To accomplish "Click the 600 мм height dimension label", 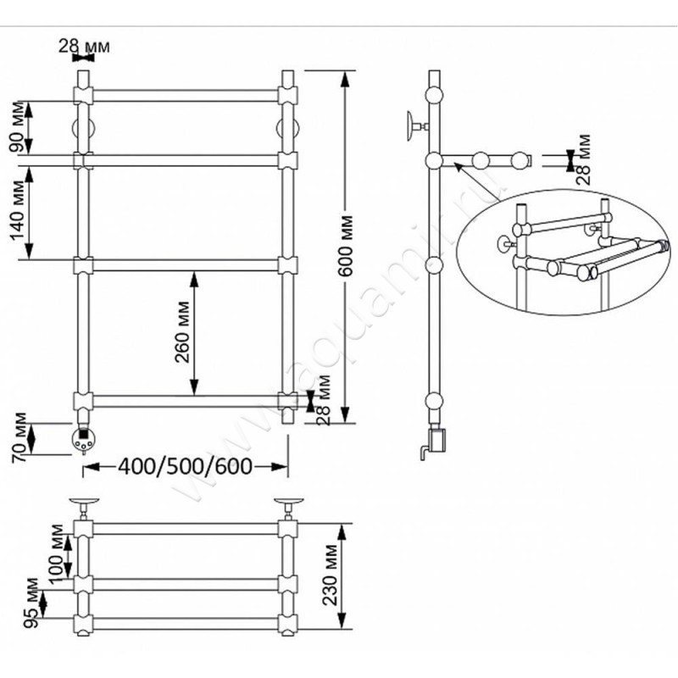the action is pyautogui.click(x=346, y=245).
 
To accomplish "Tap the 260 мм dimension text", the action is pyautogui.click(x=182, y=331).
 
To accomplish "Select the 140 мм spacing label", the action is pyautogui.click(x=18, y=209).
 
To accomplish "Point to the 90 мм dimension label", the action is pyautogui.click(x=17, y=127).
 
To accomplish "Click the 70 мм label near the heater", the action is pyautogui.click(x=19, y=437).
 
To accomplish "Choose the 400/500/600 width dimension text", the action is pyautogui.click(x=185, y=466).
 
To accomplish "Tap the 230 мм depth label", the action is pyautogui.click(x=331, y=575).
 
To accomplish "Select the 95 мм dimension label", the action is pyautogui.click(x=31, y=603).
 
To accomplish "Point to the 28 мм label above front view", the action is pyautogui.click(x=84, y=46).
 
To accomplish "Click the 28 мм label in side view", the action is pyautogui.click(x=583, y=159).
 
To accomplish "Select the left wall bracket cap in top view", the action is pyautogui.click(x=84, y=501).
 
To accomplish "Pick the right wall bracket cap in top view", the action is pyautogui.click(x=288, y=501).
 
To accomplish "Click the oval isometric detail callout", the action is pyautogui.click(x=566, y=252).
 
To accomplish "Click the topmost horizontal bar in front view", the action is pyautogui.click(x=185, y=96).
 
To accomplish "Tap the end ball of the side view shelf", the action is pyautogui.click(x=520, y=160).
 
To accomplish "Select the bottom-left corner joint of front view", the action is pyautogui.click(x=83, y=401).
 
